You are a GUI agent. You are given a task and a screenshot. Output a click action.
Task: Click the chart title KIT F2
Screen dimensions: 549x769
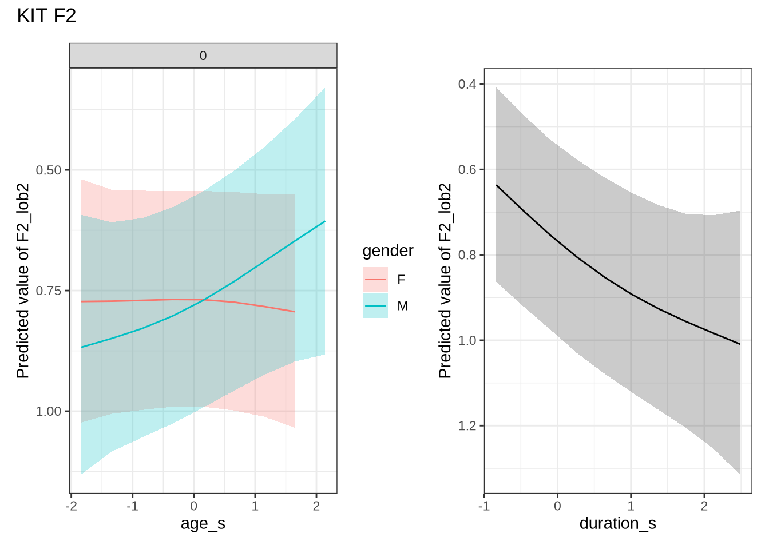click(46, 16)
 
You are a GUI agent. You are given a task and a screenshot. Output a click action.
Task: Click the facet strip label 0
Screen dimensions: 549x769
click(203, 56)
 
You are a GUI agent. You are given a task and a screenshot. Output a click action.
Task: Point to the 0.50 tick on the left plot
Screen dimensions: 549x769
click(49, 170)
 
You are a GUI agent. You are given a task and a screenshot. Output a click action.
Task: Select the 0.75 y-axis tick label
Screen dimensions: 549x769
click(49, 291)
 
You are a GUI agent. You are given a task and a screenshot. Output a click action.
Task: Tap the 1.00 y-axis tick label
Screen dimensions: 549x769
click(49, 412)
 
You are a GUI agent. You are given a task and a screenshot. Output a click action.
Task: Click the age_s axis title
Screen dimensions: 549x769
click(203, 523)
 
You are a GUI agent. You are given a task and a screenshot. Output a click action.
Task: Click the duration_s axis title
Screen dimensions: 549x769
click(617, 523)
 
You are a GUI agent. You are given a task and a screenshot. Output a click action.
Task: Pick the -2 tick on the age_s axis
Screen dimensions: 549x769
click(72, 506)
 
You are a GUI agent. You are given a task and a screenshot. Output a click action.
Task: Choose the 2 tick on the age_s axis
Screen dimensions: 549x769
click(316, 506)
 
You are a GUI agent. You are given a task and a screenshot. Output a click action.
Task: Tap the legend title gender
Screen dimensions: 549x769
click(388, 251)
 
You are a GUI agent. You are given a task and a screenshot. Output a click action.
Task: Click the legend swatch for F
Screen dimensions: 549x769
click(375, 280)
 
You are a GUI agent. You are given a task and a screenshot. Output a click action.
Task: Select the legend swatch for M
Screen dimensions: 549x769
click(375, 306)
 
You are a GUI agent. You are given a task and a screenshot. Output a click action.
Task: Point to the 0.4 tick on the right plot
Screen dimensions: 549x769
click(467, 85)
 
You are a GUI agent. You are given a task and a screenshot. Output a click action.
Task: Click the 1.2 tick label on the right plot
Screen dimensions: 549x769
click(467, 426)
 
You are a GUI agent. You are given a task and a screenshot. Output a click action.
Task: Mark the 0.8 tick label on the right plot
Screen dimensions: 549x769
click(467, 255)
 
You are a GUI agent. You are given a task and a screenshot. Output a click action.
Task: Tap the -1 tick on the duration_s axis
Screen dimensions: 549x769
click(484, 506)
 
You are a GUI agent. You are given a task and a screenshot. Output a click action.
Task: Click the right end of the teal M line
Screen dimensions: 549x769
click(325, 221)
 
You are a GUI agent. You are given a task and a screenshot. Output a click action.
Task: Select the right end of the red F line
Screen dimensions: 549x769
click(295, 312)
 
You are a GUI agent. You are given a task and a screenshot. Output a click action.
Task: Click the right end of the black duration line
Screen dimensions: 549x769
click(740, 344)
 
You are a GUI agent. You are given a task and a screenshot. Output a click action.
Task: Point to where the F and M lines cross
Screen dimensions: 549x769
click(202, 300)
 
